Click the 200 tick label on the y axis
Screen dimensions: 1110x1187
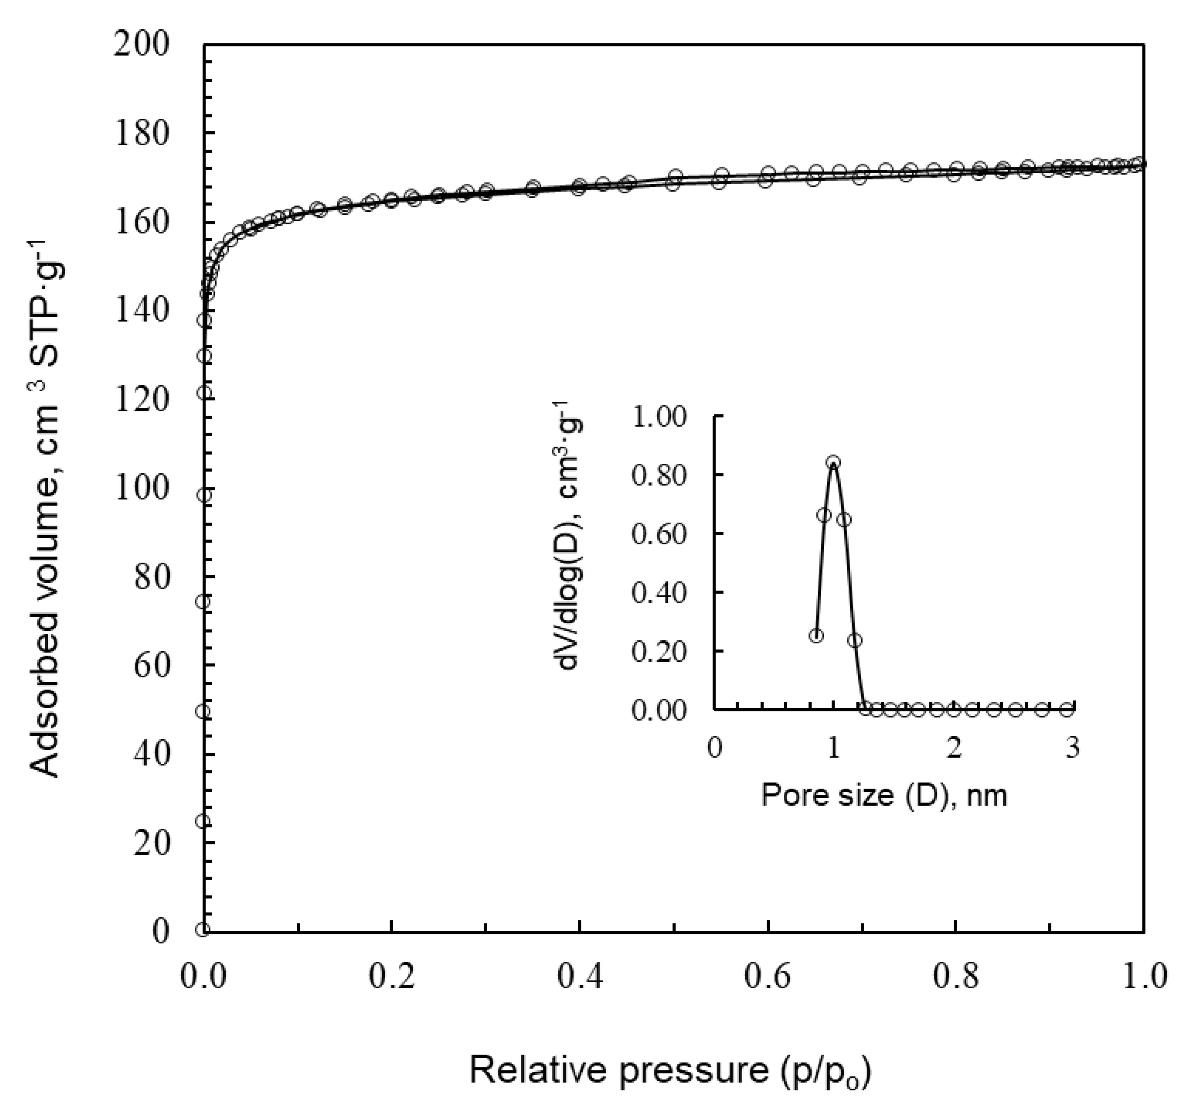tap(142, 46)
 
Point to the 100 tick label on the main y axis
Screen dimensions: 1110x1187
tap(142, 489)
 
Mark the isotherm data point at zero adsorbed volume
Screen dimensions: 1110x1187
tap(203, 930)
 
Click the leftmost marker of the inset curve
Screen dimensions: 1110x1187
tap(816, 636)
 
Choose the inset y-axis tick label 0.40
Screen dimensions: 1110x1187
tap(660, 593)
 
